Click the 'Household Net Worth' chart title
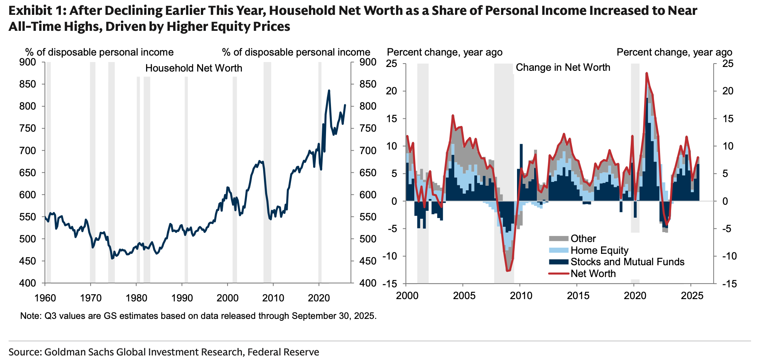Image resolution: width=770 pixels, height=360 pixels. tap(194, 68)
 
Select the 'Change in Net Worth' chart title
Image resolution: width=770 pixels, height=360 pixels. tap(563, 67)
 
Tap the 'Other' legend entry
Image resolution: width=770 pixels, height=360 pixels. tap(583, 239)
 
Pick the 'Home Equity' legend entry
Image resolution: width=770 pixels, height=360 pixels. tap(599, 250)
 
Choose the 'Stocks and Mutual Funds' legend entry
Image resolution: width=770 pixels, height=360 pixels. tap(627, 262)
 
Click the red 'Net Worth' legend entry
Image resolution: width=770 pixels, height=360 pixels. tap(593, 274)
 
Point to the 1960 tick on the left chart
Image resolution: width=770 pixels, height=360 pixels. tap(45, 298)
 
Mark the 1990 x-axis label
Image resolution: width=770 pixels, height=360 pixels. tap(182, 298)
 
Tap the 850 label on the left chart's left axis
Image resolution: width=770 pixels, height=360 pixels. tap(27, 84)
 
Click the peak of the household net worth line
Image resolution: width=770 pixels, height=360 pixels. tap(329, 91)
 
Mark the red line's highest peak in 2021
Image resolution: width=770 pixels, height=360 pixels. tap(646, 73)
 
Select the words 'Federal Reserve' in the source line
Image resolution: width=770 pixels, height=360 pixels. tap(283, 352)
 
